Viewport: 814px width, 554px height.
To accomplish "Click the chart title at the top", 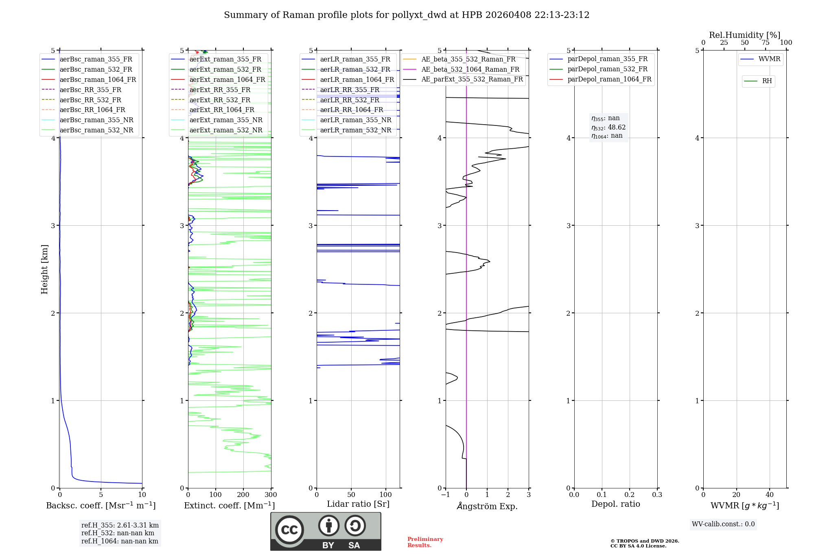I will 407,15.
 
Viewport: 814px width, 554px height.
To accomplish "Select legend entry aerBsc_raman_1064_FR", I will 98,80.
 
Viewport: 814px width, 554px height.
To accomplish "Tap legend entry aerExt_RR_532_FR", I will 220,100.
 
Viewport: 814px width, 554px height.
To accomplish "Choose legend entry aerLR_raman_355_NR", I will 355,120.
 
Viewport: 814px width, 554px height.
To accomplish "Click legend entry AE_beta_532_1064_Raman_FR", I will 470,70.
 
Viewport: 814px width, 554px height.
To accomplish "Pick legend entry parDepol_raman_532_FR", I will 607,69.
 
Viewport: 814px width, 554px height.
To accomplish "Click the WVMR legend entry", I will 769,59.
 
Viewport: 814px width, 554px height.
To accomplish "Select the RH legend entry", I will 767,81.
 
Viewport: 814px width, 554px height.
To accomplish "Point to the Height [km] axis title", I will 45,269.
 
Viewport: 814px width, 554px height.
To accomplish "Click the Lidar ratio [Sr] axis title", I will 358,504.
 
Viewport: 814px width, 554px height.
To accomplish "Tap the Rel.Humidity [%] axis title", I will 744,35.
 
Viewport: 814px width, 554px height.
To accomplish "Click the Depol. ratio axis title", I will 615,504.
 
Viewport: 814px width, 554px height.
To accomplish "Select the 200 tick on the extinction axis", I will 243,495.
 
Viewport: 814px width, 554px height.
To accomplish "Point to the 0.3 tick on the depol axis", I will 657,495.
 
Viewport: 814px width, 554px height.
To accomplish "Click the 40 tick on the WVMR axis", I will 769,495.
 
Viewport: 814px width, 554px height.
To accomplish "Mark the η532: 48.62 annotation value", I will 608,128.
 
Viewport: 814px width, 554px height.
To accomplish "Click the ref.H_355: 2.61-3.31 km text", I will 120,525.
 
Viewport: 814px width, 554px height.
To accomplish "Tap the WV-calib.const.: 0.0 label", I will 723,524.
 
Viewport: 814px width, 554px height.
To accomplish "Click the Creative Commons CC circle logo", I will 289,530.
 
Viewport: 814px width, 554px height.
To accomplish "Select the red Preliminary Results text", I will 425,542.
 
